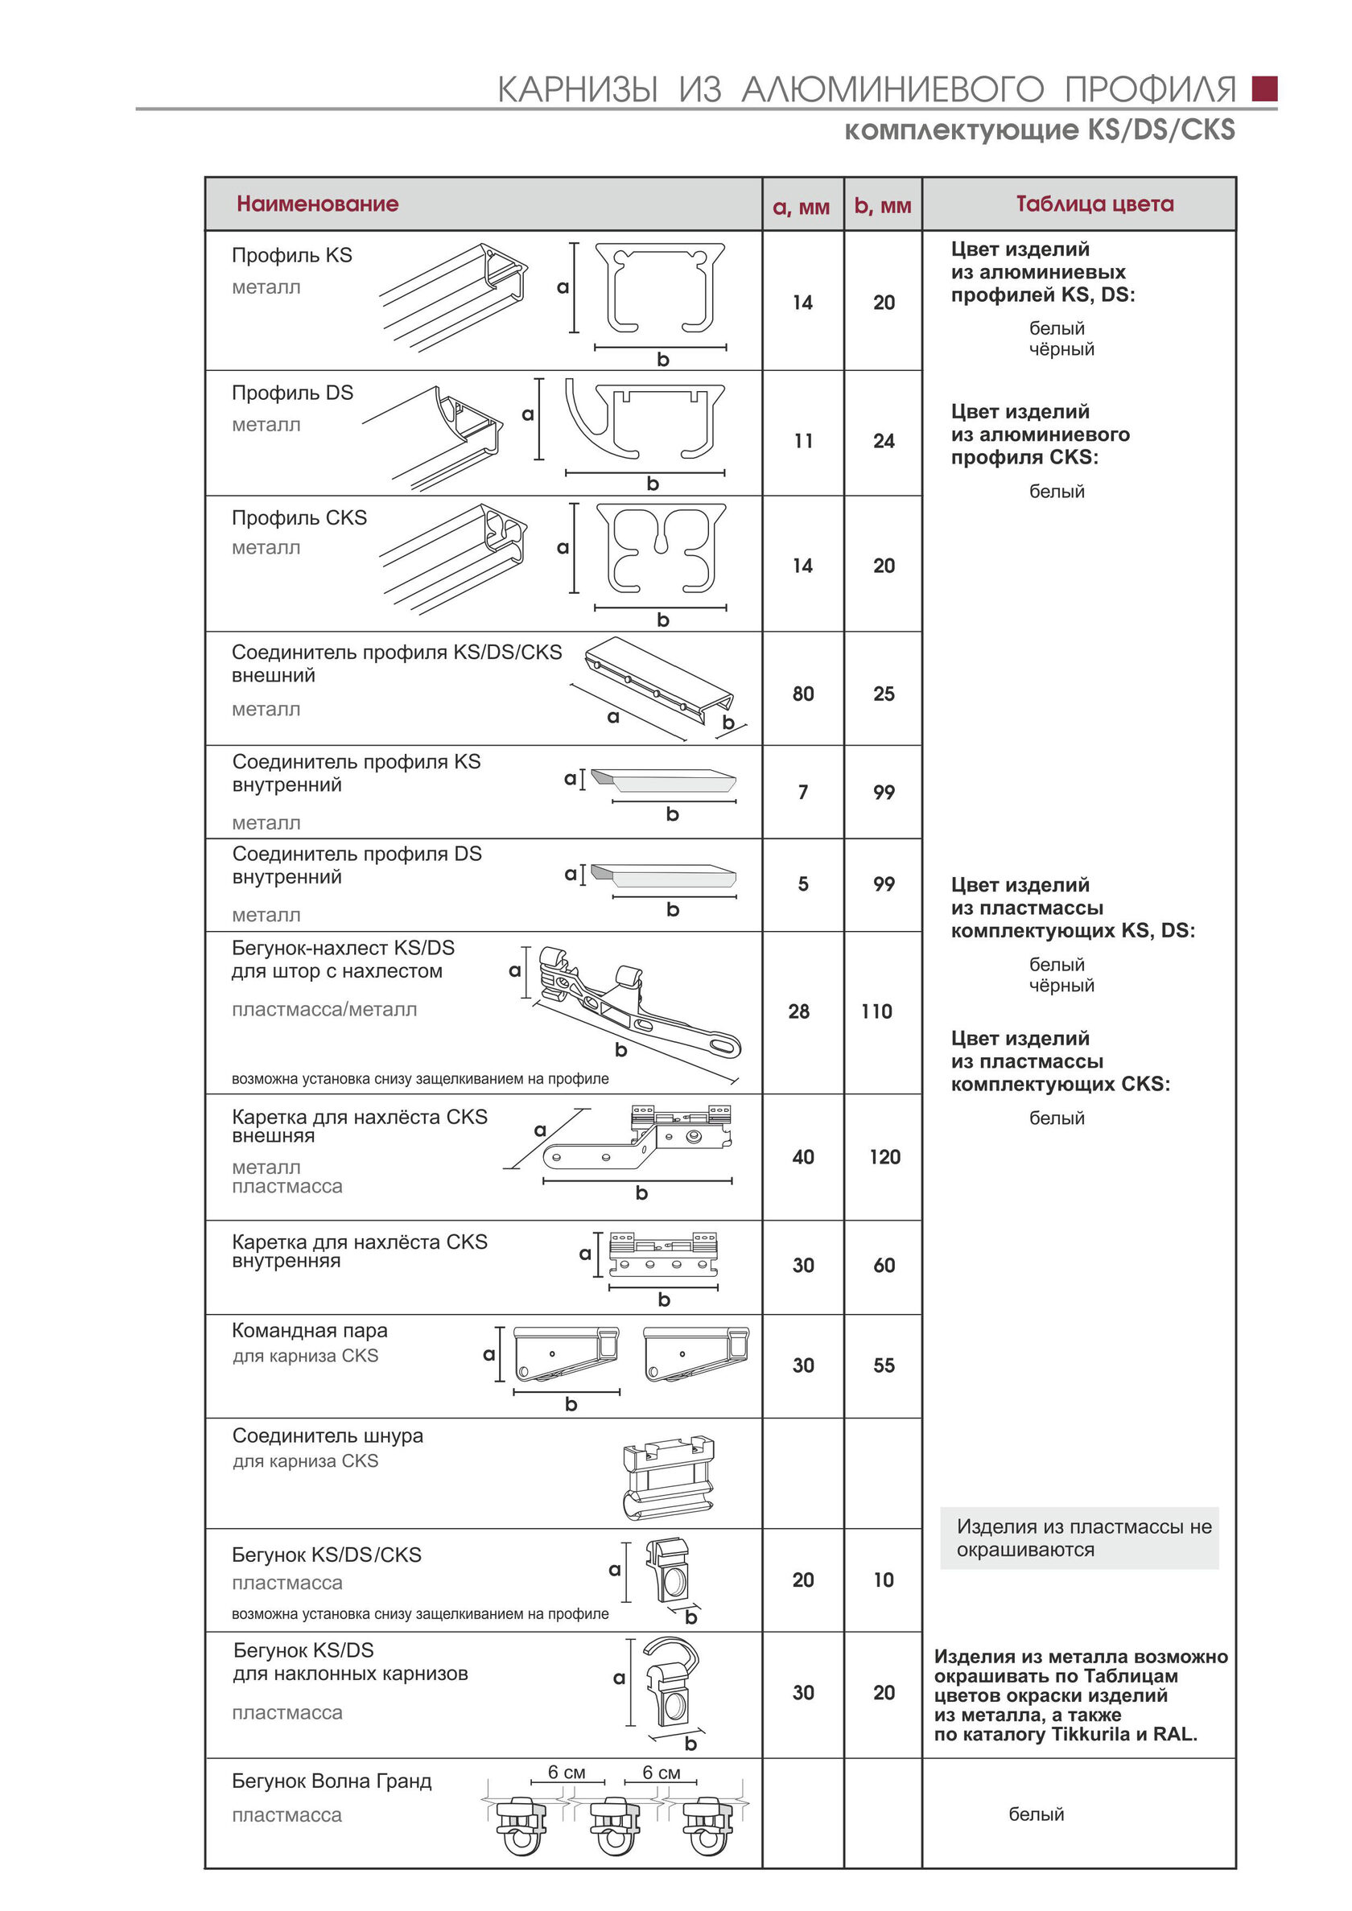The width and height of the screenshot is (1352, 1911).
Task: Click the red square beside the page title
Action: point(1263,89)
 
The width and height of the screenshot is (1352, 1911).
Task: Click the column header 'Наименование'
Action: point(317,204)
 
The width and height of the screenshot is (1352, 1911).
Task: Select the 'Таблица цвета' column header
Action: point(1094,204)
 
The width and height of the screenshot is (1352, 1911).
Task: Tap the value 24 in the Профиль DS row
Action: point(884,441)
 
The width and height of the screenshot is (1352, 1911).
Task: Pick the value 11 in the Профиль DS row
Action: point(802,441)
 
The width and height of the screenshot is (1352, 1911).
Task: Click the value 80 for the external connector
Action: point(802,694)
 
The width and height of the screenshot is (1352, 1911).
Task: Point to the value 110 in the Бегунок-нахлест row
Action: point(876,1011)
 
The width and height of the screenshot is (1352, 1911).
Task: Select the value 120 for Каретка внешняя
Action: point(884,1157)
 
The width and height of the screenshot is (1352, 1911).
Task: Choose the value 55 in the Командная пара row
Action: point(884,1365)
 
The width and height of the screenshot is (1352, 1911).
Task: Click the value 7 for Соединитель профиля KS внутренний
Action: point(802,793)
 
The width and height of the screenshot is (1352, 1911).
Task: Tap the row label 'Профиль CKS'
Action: point(299,517)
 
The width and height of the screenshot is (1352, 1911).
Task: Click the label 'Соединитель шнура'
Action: point(328,1435)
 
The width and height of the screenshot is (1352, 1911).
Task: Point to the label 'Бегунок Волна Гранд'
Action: point(332,1781)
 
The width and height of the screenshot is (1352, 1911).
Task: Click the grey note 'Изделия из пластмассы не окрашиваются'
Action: point(1078,1538)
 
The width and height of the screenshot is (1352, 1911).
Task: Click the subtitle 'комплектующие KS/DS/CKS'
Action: point(1039,130)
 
